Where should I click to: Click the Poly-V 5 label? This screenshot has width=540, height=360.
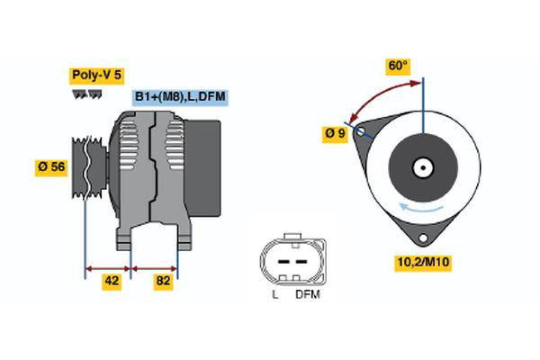coord(95,76)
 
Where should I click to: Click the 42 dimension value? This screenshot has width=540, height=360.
coord(112,282)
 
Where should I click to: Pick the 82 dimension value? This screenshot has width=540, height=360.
coord(163,282)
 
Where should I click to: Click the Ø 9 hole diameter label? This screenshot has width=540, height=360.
coord(335,134)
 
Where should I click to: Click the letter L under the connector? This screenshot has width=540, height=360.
coord(274,294)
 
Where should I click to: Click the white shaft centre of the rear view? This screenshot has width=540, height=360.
coord(421,166)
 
